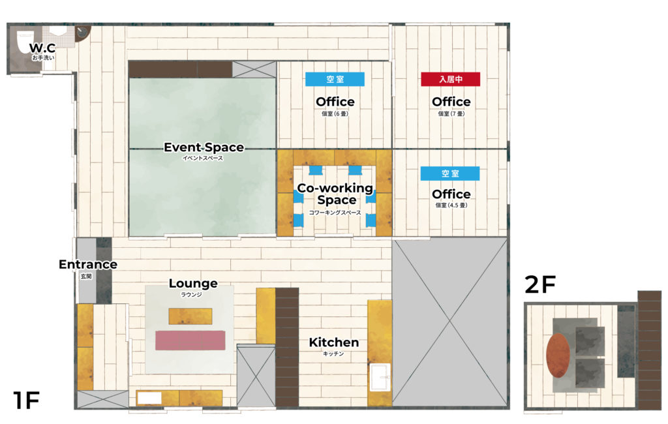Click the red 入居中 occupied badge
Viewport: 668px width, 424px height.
tap(450, 80)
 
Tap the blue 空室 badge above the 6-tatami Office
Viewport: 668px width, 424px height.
tap(335, 80)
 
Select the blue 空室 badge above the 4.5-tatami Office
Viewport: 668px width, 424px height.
tap(450, 174)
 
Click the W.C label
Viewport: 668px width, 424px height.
tap(42, 48)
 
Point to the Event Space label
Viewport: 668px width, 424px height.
tap(204, 147)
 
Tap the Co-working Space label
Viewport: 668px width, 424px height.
tap(336, 194)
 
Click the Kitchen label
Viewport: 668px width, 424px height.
tap(333, 342)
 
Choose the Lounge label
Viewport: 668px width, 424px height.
tap(193, 283)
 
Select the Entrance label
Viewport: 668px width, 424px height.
tap(88, 264)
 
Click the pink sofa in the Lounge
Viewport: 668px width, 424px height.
tap(190, 341)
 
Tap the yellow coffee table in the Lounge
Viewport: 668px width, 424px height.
tap(190, 316)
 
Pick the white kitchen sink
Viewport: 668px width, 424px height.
tap(379, 377)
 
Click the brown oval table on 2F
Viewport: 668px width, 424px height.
tap(558, 356)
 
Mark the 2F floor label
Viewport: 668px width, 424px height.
tap(540, 284)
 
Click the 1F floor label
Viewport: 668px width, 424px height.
tap(26, 400)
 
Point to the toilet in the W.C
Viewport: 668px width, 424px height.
tap(24, 42)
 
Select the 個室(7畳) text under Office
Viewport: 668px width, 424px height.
tap(451, 114)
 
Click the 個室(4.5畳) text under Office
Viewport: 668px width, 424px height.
tap(451, 205)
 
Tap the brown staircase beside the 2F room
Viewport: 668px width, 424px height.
tap(649, 350)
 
